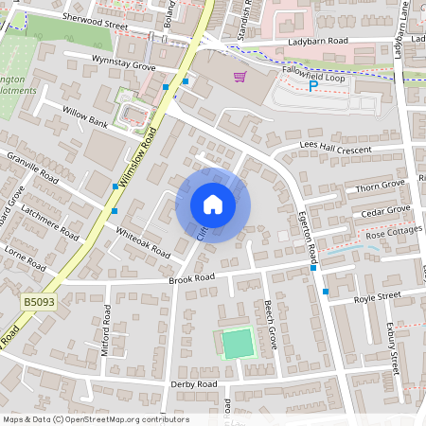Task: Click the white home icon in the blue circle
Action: tap(213, 204)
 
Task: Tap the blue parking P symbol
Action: tap(313, 86)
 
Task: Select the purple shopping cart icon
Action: tap(240, 76)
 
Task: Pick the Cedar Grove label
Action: tap(386, 211)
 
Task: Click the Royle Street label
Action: tap(377, 297)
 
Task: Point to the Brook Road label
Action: tap(192, 278)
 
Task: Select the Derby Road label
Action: tap(194, 384)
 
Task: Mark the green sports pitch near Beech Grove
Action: tap(239, 343)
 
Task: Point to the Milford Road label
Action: tap(103, 331)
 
